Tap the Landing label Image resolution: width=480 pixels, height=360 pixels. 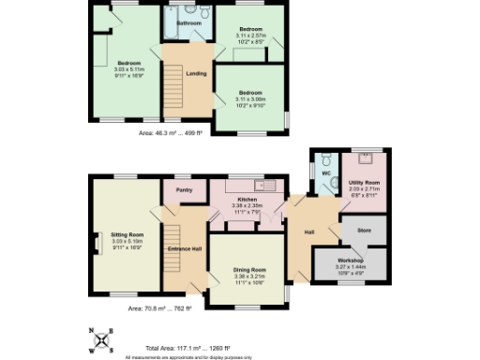pyautogui.click(x=197, y=73)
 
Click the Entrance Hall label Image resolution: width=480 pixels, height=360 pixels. pyautogui.click(x=184, y=247)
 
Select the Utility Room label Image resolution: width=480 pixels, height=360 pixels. pyautogui.click(x=364, y=182)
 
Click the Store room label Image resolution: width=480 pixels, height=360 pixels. pyautogui.click(x=365, y=230)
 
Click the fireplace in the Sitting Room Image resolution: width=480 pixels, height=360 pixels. pyautogui.click(x=94, y=243)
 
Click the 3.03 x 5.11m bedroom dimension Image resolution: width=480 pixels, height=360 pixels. pyautogui.click(x=128, y=68)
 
